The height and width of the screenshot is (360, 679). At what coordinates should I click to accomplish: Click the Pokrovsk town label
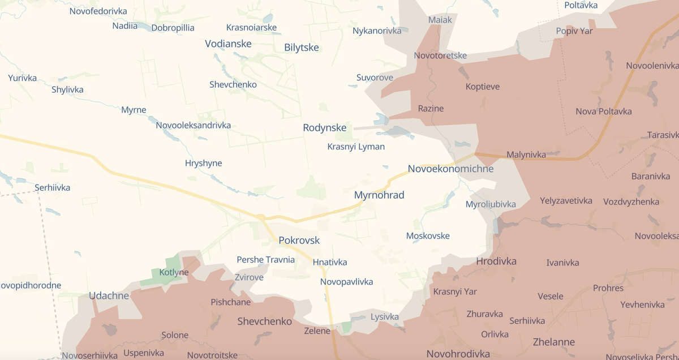click(x=299, y=240)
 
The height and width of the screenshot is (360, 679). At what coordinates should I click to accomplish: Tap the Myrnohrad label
click(x=379, y=195)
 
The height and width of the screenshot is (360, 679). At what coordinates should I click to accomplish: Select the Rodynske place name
click(x=324, y=128)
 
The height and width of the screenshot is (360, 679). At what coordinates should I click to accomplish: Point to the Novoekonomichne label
click(x=450, y=169)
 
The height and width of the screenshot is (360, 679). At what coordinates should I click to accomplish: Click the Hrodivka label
click(x=496, y=261)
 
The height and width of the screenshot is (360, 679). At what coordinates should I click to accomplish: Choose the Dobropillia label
click(x=173, y=28)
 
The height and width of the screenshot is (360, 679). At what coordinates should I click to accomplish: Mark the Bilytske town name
click(x=302, y=48)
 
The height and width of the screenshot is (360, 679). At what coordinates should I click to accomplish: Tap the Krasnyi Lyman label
click(x=356, y=147)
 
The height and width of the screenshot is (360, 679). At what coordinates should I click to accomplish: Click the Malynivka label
click(x=526, y=155)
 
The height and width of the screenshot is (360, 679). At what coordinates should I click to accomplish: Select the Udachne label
click(x=109, y=295)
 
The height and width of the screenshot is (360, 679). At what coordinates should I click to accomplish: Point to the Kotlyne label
click(x=174, y=272)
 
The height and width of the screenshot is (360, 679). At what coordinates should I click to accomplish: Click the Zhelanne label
click(x=553, y=342)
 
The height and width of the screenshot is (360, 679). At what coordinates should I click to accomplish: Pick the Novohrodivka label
click(x=458, y=354)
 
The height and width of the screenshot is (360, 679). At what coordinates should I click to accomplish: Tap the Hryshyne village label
click(x=203, y=163)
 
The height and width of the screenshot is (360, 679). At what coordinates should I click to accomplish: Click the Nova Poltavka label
click(x=604, y=111)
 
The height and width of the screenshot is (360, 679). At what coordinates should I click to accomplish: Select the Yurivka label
click(x=23, y=78)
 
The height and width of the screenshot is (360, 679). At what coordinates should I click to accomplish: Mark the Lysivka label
click(x=385, y=316)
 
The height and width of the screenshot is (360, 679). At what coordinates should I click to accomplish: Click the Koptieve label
click(x=483, y=87)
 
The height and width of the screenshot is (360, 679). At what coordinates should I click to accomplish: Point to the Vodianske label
click(x=228, y=43)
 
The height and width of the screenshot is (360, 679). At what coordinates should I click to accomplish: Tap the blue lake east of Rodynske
click(x=396, y=132)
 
